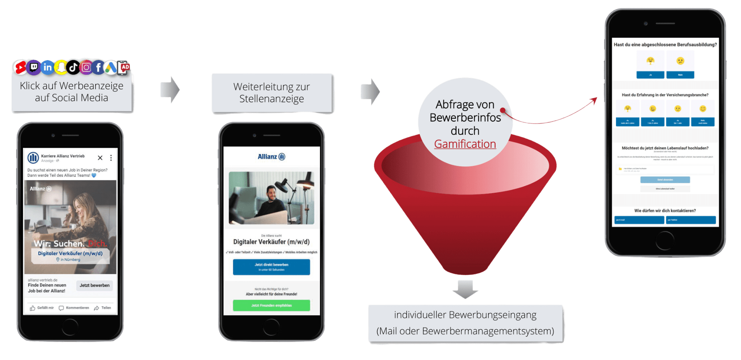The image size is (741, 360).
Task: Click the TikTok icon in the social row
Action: (73, 67)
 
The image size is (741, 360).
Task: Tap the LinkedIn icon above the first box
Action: (47, 67)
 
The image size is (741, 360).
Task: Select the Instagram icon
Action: (86, 67)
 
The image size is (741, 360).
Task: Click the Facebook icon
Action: (98, 67)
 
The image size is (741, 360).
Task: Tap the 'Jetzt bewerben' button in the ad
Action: (94, 285)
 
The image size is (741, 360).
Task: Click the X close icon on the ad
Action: (100, 158)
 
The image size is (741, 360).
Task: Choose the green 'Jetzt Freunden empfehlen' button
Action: (271, 305)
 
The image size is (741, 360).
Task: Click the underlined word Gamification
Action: (465, 144)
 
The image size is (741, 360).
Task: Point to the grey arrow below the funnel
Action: (465, 289)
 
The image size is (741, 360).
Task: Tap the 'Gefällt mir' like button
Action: (42, 308)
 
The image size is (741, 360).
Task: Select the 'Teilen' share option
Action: (103, 308)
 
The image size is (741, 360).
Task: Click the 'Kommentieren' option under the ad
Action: (74, 308)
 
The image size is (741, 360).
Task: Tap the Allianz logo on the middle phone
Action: (271, 157)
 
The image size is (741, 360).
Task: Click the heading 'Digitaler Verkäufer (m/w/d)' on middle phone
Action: (271, 242)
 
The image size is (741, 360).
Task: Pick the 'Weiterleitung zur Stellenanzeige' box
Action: (272, 93)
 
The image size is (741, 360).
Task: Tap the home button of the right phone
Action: (665, 241)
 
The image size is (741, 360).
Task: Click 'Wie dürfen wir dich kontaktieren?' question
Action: (665, 211)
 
